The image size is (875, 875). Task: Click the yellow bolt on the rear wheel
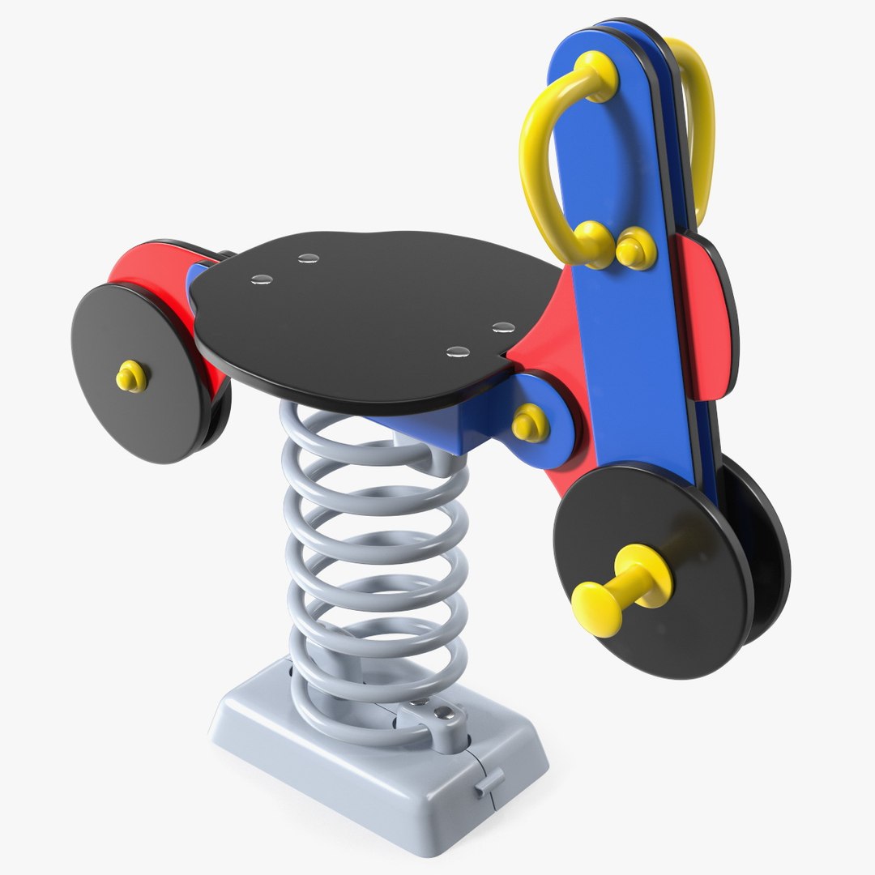coord(130,376)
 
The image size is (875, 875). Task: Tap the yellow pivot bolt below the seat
coord(530,421)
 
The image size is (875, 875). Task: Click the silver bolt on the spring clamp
coord(444,714)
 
